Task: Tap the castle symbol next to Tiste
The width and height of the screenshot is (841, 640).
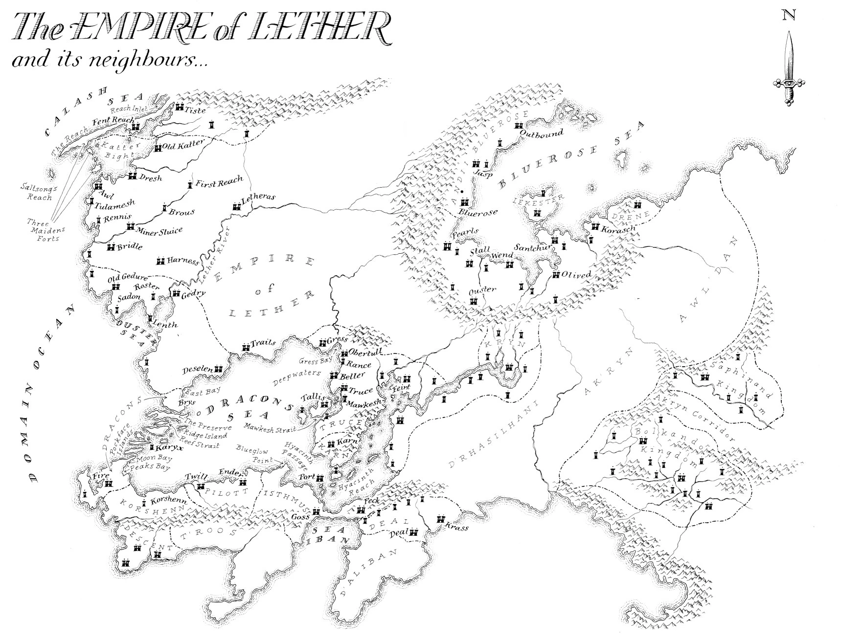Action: click(180, 108)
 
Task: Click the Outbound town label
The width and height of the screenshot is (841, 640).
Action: click(541, 133)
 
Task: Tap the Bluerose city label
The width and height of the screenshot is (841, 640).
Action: click(477, 212)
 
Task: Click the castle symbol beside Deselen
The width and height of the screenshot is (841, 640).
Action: click(219, 369)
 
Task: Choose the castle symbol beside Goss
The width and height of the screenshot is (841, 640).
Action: click(316, 512)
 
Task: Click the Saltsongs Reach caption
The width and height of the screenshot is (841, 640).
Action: click(37, 192)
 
